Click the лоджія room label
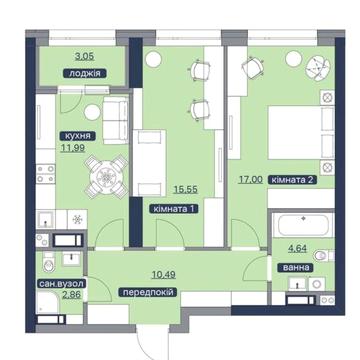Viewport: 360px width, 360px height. click(85, 73)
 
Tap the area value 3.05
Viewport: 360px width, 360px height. click(85, 56)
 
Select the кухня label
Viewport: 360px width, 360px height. click(78, 136)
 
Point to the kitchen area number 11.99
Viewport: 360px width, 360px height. click(72, 147)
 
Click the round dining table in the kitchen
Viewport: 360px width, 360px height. click(106, 176)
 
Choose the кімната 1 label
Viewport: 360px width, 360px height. click(174, 209)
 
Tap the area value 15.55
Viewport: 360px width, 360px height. click(186, 190)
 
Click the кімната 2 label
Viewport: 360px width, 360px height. click(292, 180)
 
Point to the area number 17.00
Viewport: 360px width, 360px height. click(250, 180)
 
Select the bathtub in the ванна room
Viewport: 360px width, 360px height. click(303, 225)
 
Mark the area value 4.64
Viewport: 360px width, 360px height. click(297, 248)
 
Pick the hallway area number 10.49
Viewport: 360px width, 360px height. click(164, 275)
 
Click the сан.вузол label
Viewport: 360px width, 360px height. click(62, 284)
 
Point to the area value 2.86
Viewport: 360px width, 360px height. click(72, 295)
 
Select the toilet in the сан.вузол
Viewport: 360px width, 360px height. click(49, 262)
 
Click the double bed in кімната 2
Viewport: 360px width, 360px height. click(301, 132)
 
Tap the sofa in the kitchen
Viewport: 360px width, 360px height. click(115, 120)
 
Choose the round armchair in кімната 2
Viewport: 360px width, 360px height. click(318, 68)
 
